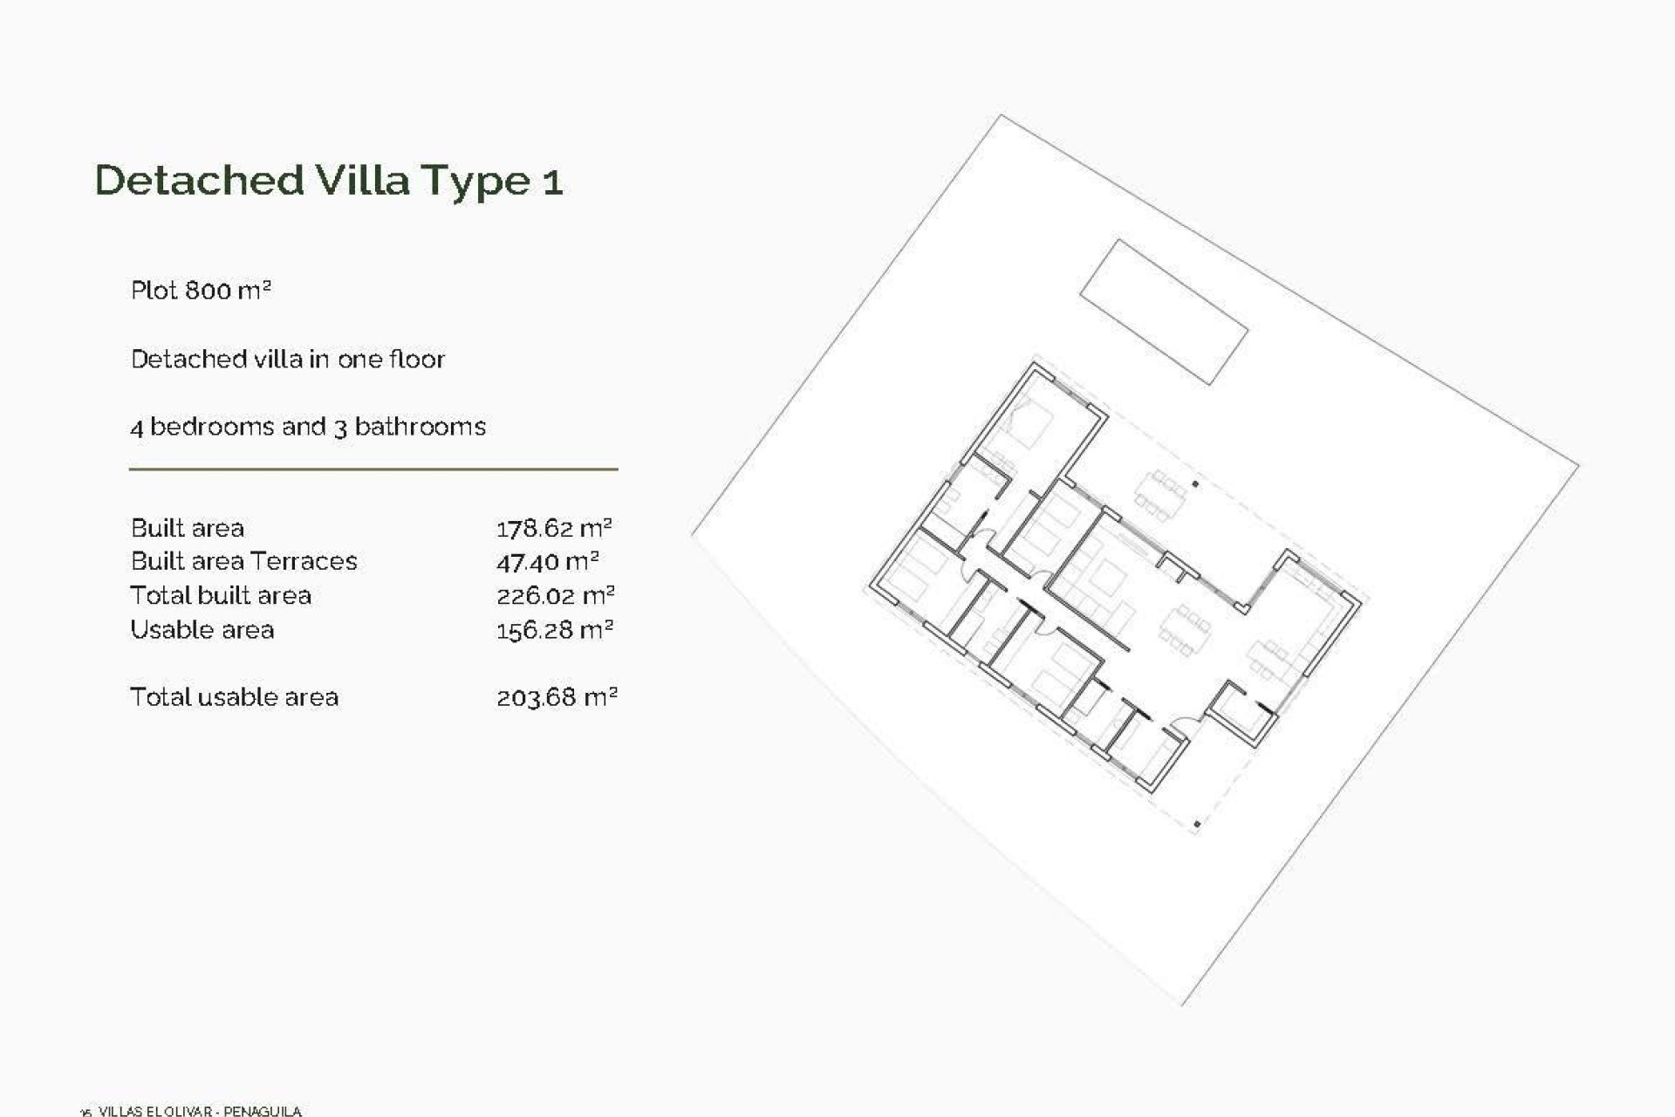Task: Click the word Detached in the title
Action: (199, 180)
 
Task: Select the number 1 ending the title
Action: (552, 182)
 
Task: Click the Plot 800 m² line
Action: (201, 290)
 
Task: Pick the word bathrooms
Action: (420, 427)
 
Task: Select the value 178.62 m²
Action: (554, 528)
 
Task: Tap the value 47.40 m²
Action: (547, 561)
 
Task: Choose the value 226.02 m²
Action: (555, 595)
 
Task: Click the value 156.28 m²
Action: (554, 629)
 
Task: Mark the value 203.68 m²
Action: (557, 697)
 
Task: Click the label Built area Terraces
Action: (243, 561)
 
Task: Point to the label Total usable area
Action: (234, 697)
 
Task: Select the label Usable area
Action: (202, 629)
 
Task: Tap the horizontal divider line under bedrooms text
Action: (373, 469)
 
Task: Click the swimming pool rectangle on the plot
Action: (1164, 312)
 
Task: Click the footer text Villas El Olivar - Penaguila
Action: (200, 1111)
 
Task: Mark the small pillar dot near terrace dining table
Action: (1195, 483)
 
